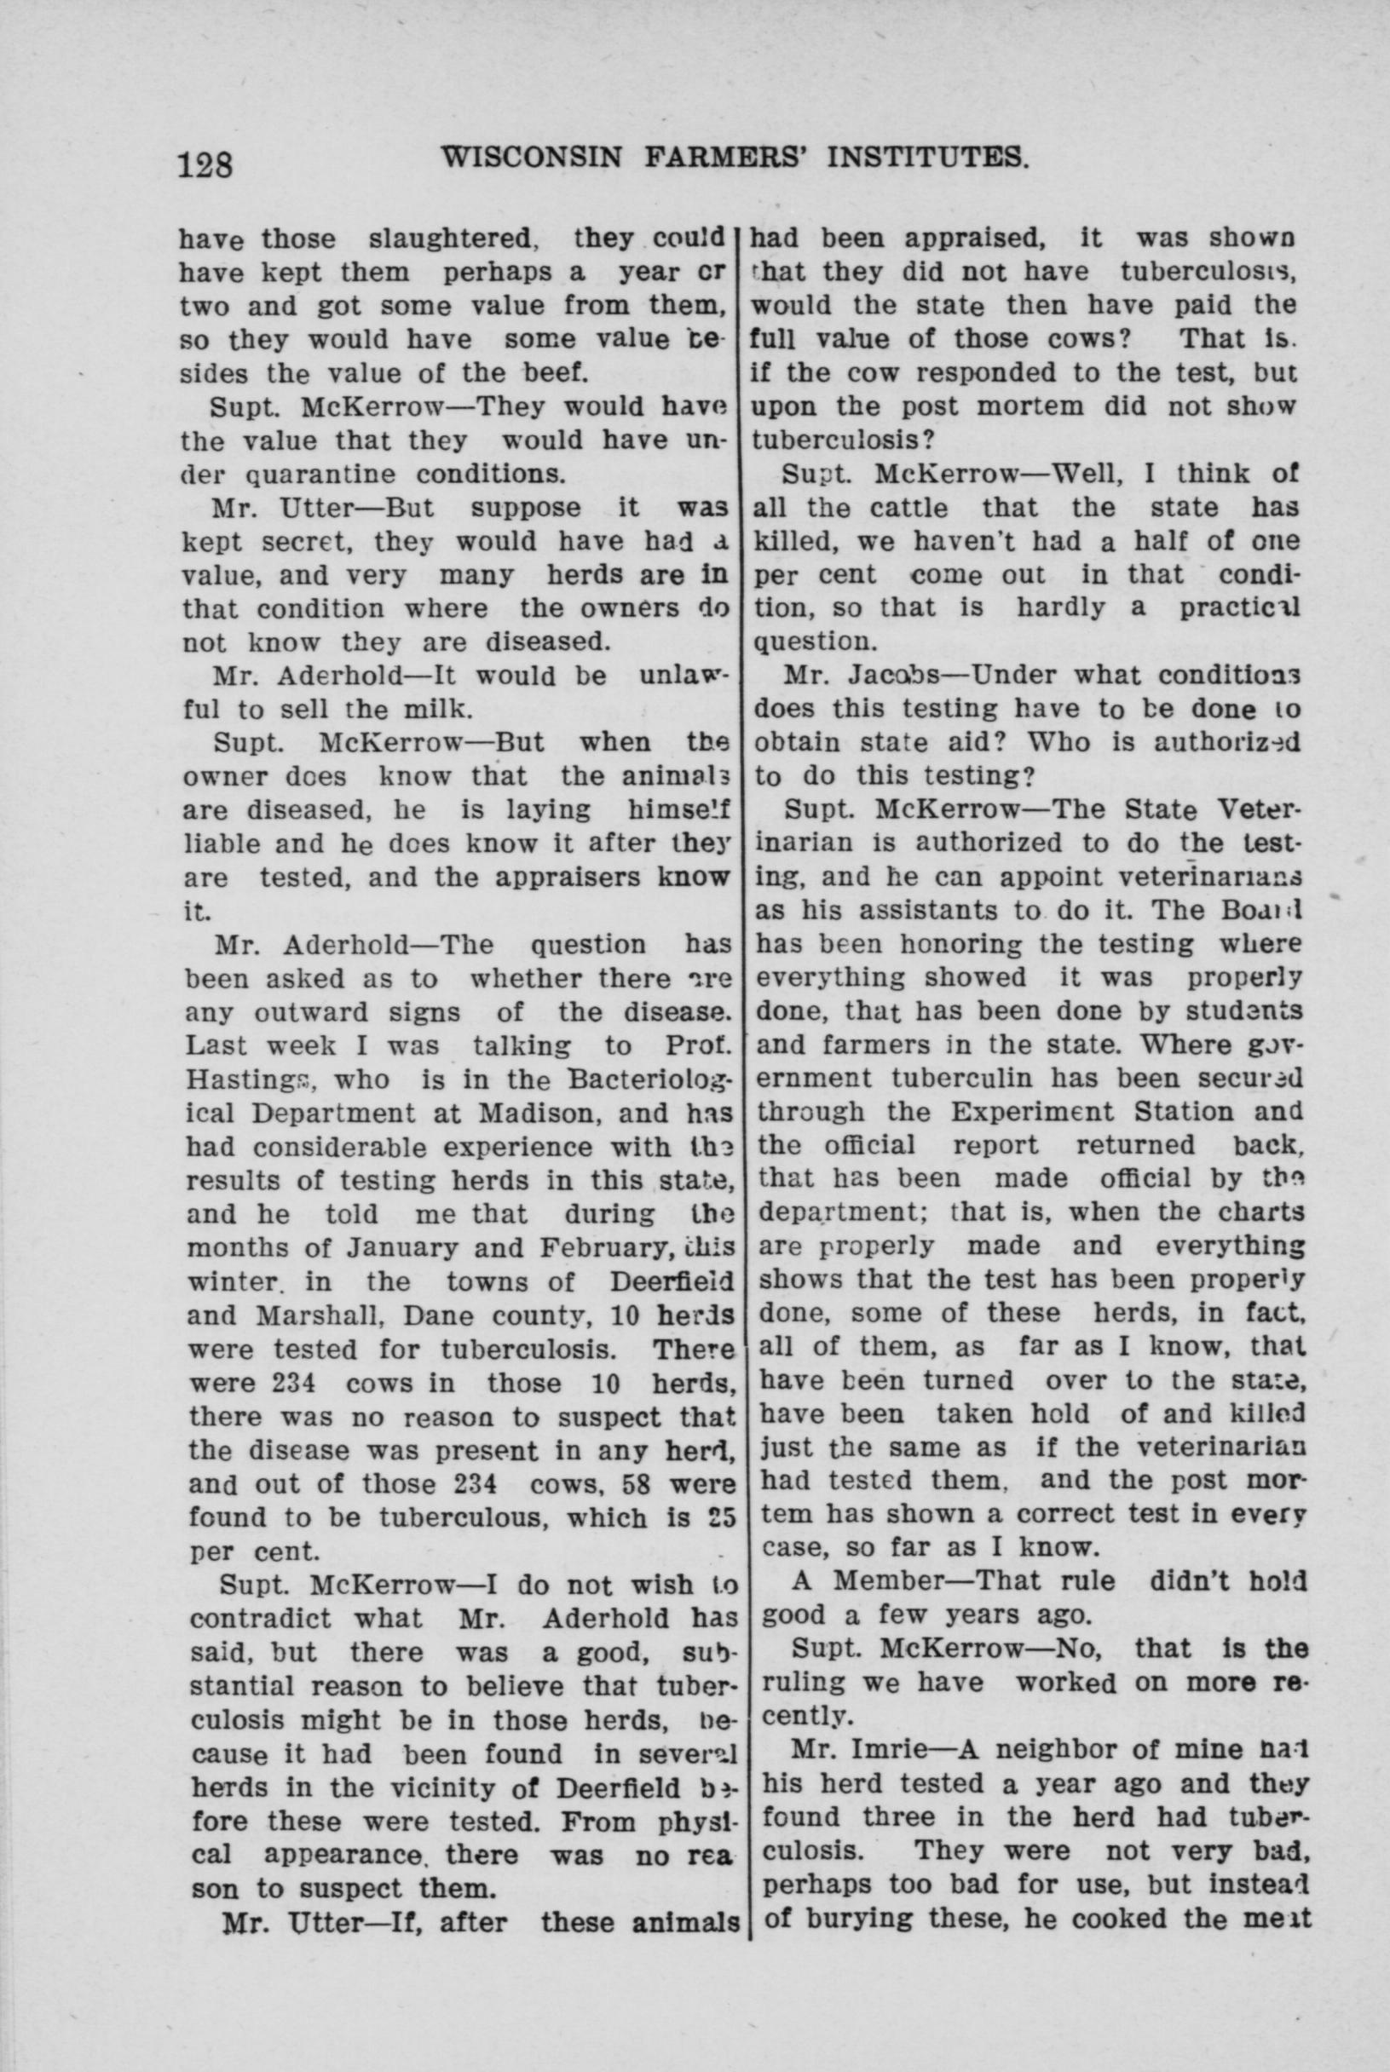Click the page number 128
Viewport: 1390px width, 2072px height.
pyautogui.click(x=205, y=164)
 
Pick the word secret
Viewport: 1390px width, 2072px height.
pyautogui.click(x=312, y=542)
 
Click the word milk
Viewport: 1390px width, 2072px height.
pyautogui.click(x=434, y=710)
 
